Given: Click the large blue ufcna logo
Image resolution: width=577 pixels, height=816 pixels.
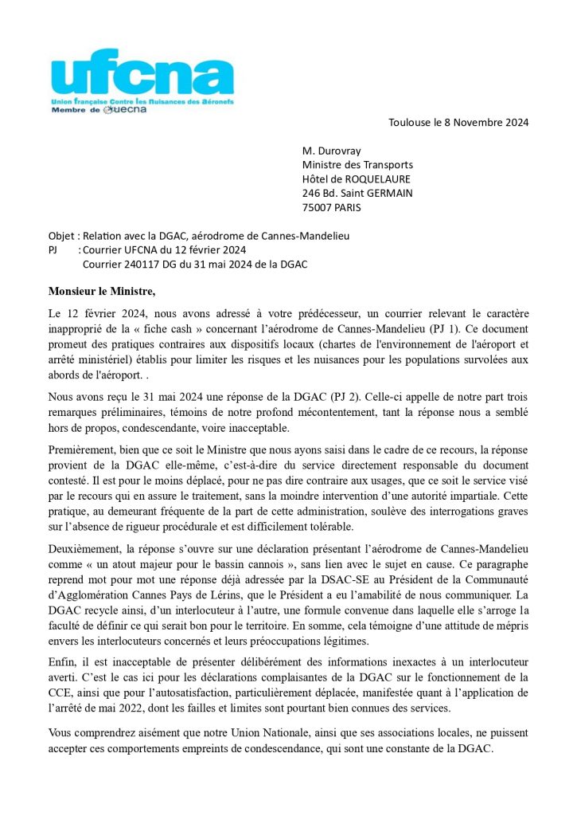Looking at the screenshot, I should [x=142, y=76].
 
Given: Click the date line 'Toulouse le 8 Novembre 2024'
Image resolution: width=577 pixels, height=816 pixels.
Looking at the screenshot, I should [x=458, y=122].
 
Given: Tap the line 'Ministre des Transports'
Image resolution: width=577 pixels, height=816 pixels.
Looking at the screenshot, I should [x=357, y=164].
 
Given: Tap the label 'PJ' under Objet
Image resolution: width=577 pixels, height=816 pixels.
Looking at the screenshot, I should [x=54, y=250].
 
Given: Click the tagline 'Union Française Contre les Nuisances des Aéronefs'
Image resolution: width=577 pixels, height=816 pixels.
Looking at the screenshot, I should [x=142, y=103].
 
